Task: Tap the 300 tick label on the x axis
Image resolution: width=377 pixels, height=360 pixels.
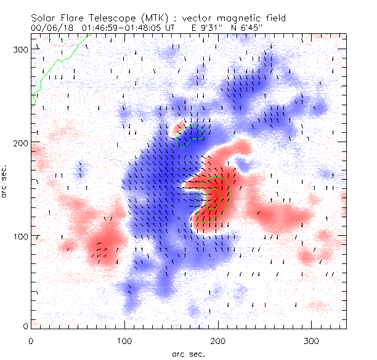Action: click(312, 340)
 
